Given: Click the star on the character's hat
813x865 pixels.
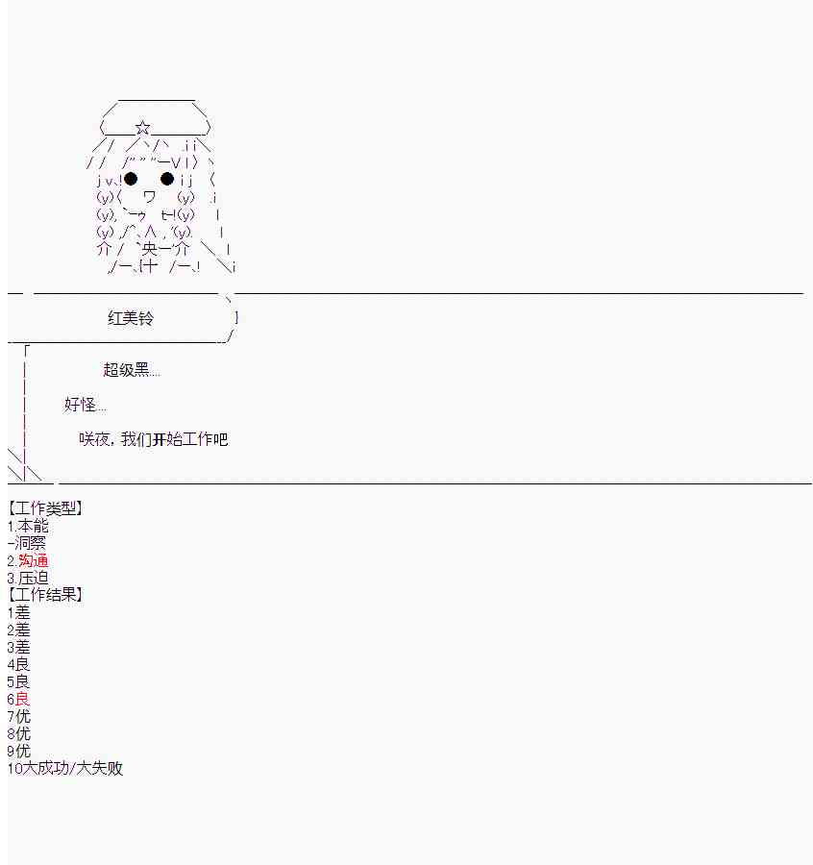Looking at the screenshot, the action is pos(143,128).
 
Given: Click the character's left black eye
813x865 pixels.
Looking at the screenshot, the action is pos(132,179).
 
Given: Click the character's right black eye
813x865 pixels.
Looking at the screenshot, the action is pos(167,179).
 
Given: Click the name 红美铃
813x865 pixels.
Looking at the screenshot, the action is pos(130,318).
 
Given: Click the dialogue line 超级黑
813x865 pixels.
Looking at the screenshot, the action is pos(132,370).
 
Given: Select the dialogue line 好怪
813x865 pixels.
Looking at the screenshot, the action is pos(86,405).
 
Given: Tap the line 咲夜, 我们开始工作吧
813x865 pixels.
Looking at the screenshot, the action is pos(154,439).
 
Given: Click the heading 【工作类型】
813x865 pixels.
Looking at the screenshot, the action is pos(45,508).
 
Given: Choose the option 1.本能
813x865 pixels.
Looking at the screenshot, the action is pos(28,526).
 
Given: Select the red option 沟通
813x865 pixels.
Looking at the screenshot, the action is pos(29,560).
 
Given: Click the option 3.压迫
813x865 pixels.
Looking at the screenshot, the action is pos(28,578).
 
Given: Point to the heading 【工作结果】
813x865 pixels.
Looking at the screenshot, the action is pos(45,595).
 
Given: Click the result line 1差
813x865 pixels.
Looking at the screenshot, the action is pos(18,612).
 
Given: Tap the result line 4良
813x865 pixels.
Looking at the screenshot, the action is pos(18,664).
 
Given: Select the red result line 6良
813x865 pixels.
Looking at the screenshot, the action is pos(18,699).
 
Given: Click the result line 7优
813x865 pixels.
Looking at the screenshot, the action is pos(18,716).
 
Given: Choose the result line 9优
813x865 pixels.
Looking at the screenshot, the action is pos(18,751).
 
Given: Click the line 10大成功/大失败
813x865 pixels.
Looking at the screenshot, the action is pos(65,768).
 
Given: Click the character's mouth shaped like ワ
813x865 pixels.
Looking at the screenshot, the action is pos(149,197).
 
